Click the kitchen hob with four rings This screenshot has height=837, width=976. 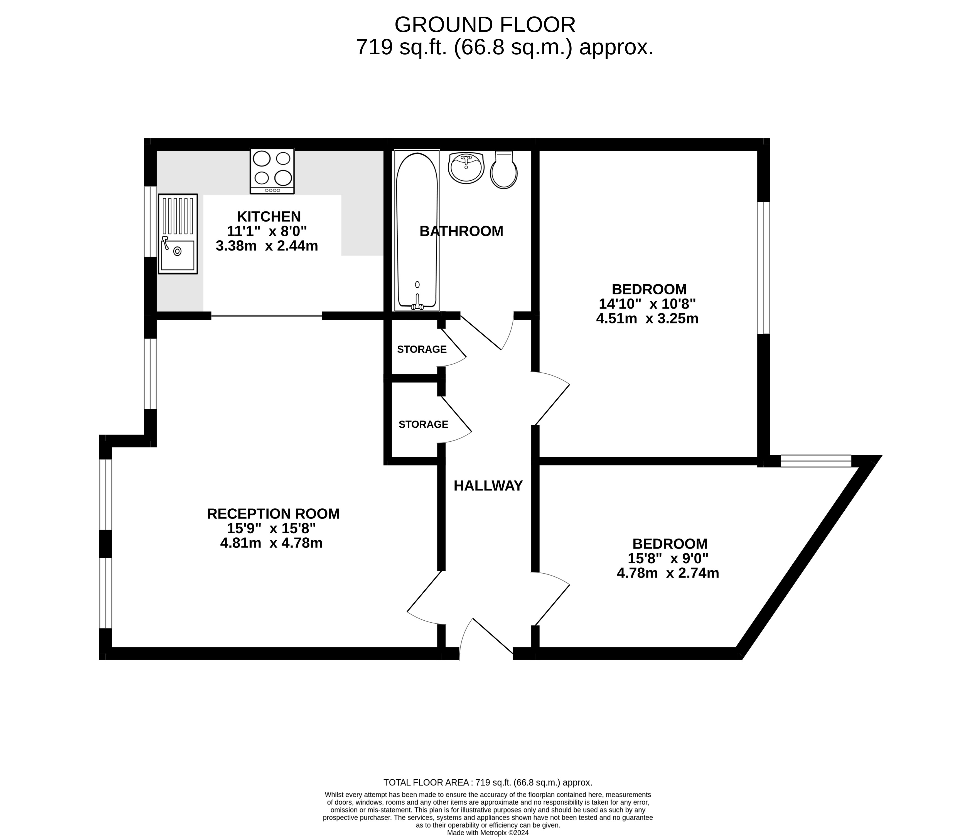tap(272, 171)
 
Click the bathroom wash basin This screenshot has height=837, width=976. tap(465, 167)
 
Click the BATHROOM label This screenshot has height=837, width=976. tap(461, 231)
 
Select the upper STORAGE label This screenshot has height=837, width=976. tap(422, 349)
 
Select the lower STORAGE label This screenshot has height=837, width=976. tap(423, 424)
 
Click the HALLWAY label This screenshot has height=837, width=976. tap(488, 485)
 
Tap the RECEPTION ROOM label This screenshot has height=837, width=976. tap(273, 514)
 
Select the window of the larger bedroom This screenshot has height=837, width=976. tap(763, 268)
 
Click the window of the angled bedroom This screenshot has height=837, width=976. tap(816, 461)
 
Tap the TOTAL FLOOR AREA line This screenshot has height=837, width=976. tap(488, 782)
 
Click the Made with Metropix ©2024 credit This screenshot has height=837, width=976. tap(488, 832)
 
